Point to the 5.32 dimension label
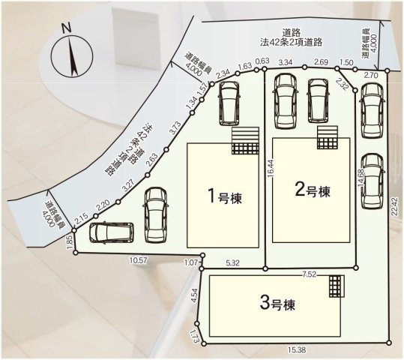click(232, 262)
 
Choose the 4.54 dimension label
click(194, 295)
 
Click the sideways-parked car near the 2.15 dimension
click(112, 233)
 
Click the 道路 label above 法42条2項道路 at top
click(291, 31)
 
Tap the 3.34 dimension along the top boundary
click(285, 62)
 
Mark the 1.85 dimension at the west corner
click(70, 241)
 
